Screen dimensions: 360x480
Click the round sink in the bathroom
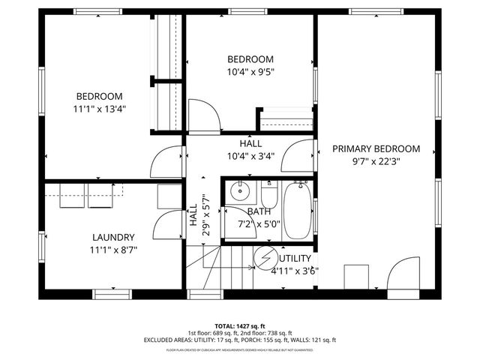tap(241, 188)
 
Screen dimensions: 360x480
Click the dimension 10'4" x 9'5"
tap(250, 73)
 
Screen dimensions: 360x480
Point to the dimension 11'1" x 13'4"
tap(99, 109)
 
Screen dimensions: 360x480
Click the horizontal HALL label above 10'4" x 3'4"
tap(250, 143)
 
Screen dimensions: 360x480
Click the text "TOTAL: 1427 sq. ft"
tap(239, 325)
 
